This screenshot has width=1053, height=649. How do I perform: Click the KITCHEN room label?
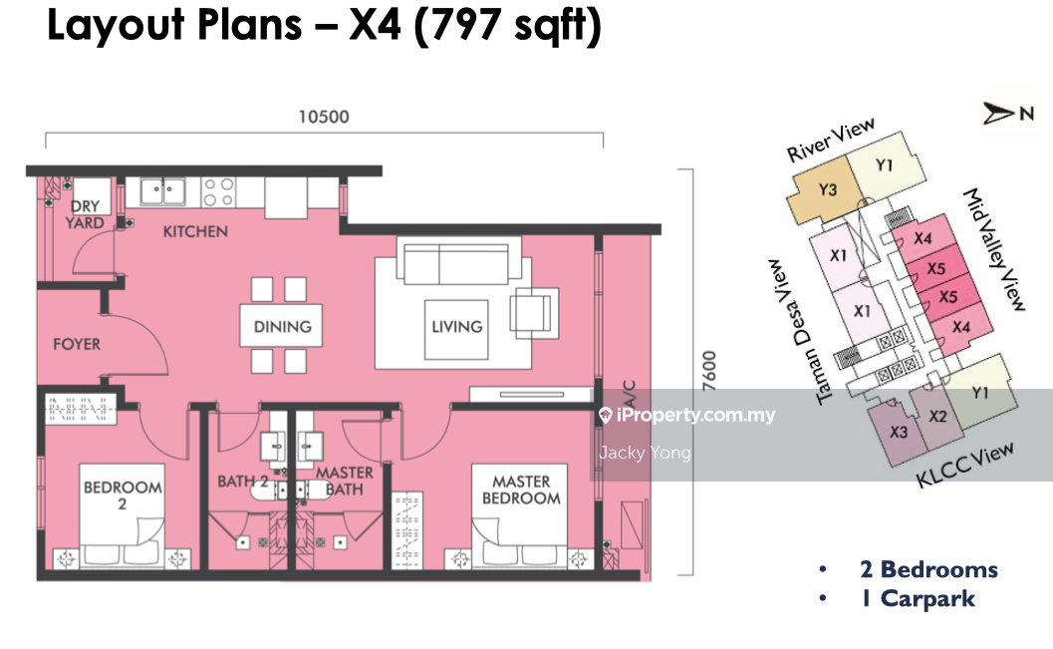(x=195, y=231)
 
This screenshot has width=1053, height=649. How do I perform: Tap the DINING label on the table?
(x=282, y=327)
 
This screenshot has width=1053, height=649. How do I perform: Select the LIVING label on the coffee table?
(x=456, y=327)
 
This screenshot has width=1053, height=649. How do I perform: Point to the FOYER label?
(x=77, y=344)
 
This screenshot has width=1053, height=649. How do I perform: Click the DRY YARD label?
(x=86, y=214)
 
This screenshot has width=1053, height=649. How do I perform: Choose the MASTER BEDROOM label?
(x=521, y=489)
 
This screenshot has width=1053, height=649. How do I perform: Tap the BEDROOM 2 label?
(x=123, y=495)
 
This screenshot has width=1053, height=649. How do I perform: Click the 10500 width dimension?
(x=324, y=117)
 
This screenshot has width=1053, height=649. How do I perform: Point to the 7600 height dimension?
(x=709, y=370)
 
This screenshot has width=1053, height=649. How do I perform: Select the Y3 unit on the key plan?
(x=825, y=193)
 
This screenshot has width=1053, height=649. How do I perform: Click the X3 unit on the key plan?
(x=898, y=432)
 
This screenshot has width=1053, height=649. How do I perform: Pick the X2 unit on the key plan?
(x=936, y=417)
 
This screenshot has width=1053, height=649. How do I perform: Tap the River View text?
(x=831, y=140)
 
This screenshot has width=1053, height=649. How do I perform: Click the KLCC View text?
(x=965, y=465)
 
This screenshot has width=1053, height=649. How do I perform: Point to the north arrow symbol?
(x=999, y=113)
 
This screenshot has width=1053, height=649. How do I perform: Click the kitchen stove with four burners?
(x=219, y=191)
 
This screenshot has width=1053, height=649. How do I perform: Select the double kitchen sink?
(x=162, y=190)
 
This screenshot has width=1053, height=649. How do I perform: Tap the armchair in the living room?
(x=535, y=313)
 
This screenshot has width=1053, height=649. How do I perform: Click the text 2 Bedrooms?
(x=928, y=569)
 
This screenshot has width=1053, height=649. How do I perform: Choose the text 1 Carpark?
(x=919, y=599)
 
